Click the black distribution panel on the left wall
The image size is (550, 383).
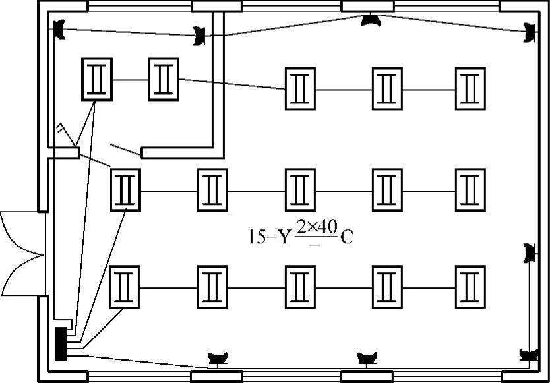[61, 343]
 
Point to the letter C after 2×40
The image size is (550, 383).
[347, 237]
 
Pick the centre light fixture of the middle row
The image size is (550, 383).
[301, 190]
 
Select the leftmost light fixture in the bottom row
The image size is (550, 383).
[125, 287]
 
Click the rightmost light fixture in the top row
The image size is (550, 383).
[470, 88]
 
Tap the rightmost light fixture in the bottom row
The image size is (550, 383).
[470, 287]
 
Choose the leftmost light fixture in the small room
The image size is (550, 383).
[97, 79]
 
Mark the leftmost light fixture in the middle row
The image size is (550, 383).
[125, 190]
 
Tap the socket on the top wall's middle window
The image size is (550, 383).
[371, 20]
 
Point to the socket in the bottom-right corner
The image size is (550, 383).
[528, 355]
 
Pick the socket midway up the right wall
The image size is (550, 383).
[528, 252]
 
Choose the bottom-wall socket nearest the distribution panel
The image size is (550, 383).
[218, 358]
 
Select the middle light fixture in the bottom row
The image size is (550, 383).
[301, 287]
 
